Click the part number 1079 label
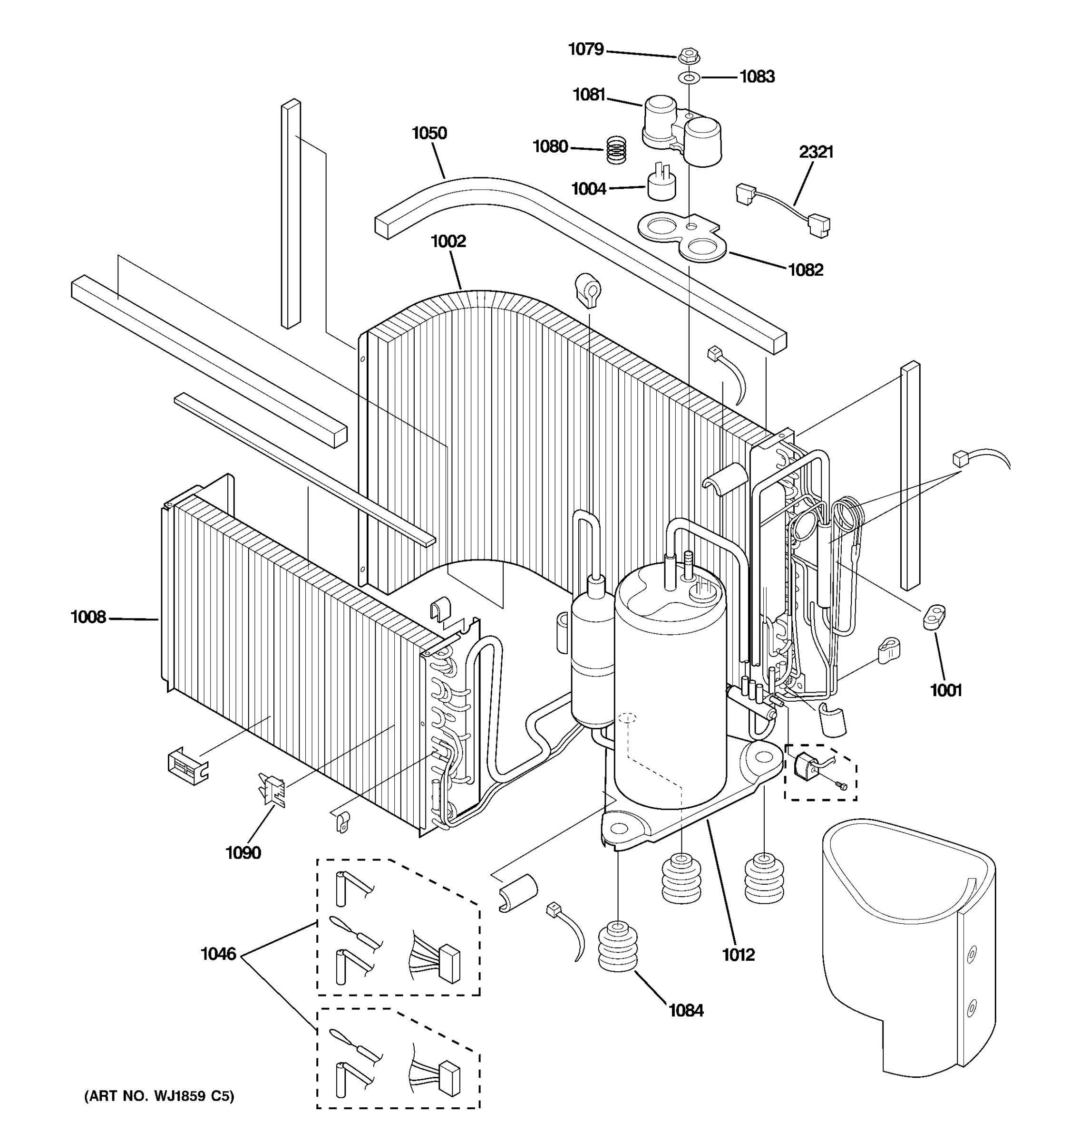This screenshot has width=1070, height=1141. coord(585,49)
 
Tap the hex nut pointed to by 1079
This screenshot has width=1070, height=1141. coord(688,56)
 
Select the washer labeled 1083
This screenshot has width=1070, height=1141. coord(689,77)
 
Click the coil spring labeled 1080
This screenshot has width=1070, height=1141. coord(616,149)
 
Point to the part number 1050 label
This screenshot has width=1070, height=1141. coord(429,133)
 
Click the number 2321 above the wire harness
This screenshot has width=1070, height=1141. coord(816,152)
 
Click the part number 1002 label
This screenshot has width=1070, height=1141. coord(448,241)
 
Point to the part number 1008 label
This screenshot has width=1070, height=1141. coord(88,617)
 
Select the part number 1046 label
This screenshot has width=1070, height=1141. coord(218,954)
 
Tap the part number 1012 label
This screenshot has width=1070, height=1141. coord(738,955)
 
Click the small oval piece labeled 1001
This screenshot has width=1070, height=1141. coord(934,618)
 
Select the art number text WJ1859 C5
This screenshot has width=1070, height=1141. coord(159,1096)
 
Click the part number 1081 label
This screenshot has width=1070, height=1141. coord(589,95)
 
